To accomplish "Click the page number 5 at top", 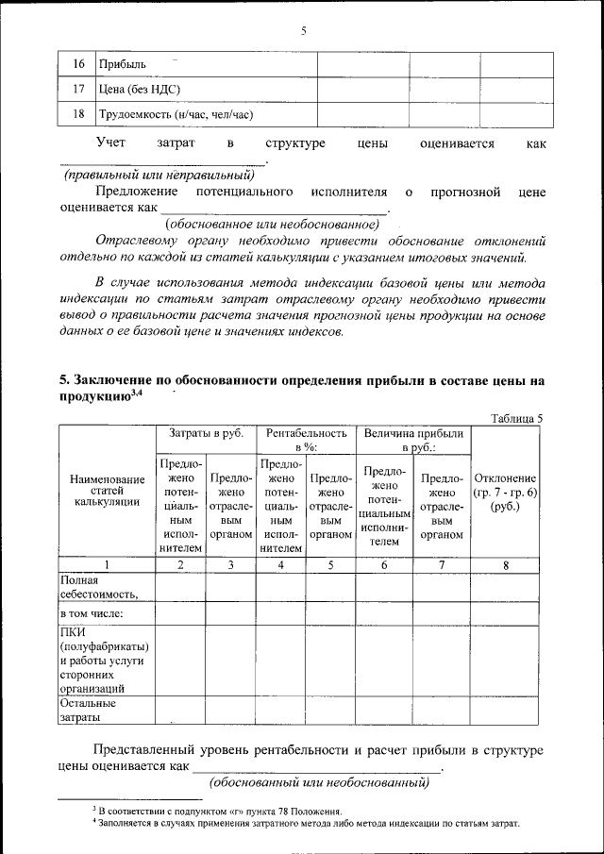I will coord(304,30).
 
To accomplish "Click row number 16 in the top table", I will coord(78,64).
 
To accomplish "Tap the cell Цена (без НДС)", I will coord(140,90).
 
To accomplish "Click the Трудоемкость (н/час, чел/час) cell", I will coord(176,115).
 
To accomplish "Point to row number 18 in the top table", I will coord(78,115).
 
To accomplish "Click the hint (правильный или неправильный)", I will coord(159,175).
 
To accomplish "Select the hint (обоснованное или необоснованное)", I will coord(273,224).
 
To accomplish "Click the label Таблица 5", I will coord(518,417).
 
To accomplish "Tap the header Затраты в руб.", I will coord(206,433).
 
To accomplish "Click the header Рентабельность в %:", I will coord(304,440).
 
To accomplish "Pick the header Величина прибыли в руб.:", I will coord(412,440).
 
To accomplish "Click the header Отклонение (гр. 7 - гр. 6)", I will coord(506,492).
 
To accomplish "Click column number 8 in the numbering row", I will coord(506,565).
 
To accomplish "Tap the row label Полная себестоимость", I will coord(99,587).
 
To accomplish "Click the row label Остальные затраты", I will coord(88,711).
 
